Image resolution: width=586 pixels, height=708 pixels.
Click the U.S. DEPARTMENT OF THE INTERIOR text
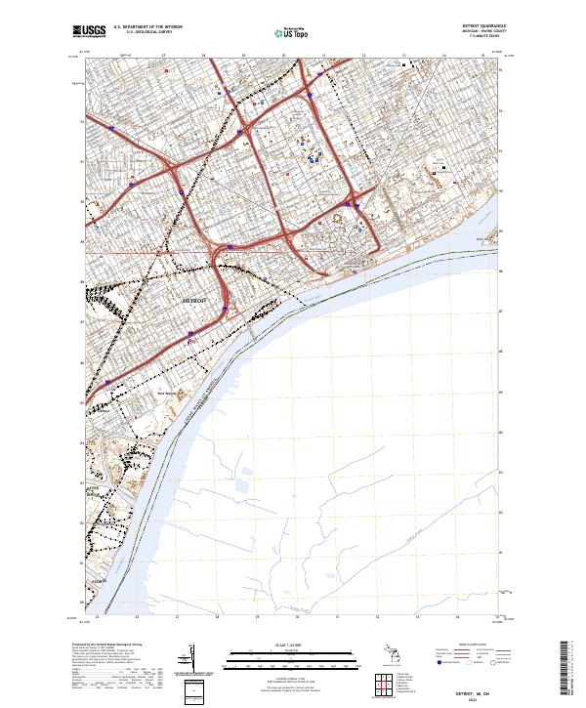pyautogui.click(x=147, y=26)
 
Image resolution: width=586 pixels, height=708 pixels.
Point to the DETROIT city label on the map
pyautogui.click(x=195, y=301)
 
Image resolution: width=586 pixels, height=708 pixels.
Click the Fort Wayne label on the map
pyautogui.click(x=167, y=394)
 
